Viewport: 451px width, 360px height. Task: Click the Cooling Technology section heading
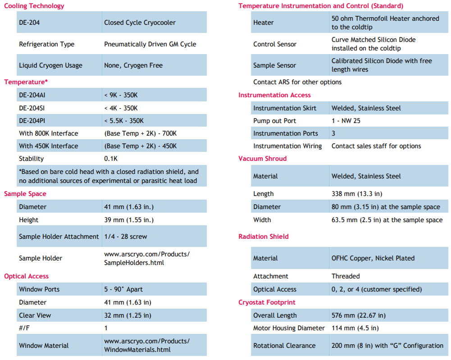coord(34,6)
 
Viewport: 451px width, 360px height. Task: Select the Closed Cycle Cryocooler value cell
coord(140,23)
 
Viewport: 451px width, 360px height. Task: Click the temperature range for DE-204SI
coord(121,108)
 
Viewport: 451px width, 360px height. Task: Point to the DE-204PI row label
coord(32,121)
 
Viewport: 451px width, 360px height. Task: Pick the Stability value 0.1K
coord(111,159)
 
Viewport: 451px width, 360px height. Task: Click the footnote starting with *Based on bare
coord(109,176)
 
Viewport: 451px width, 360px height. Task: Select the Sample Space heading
coord(25,194)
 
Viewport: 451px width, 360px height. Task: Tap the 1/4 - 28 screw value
coord(126,237)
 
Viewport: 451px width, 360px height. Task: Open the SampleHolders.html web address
coord(147,258)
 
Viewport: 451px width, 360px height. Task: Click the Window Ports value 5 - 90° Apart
coord(123,289)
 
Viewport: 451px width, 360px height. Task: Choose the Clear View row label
coord(35,315)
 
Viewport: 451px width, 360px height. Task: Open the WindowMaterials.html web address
coord(147,346)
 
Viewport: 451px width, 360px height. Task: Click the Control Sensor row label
coord(275,44)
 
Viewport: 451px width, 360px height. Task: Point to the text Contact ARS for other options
coord(297,82)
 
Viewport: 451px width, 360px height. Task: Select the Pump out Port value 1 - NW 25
coord(346,121)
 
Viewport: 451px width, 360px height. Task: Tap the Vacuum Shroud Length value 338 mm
coord(357,194)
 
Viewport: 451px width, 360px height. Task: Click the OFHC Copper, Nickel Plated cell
coord(373,258)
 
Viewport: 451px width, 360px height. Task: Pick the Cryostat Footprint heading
coord(267,302)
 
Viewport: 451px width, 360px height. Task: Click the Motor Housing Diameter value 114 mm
coord(355,328)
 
